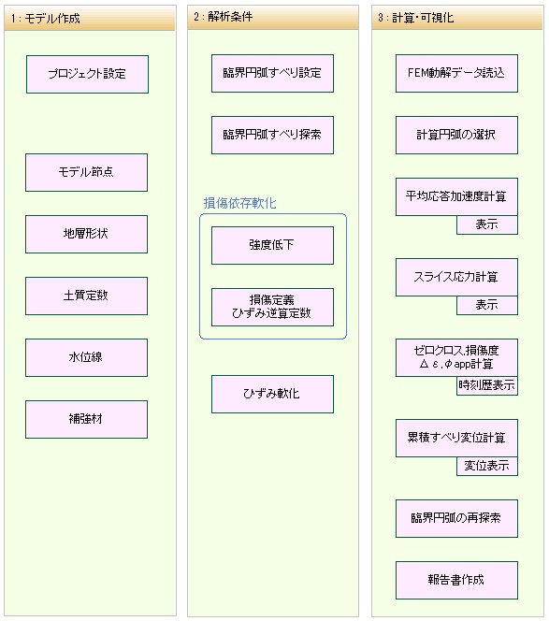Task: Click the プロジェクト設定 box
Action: [x=88, y=75]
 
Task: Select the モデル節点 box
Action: [x=86, y=173]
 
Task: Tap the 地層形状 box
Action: [x=86, y=235]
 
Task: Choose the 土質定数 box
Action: [x=86, y=296]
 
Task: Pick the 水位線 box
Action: [x=86, y=357]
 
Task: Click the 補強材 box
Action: [x=86, y=419]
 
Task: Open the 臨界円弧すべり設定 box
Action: [x=272, y=74]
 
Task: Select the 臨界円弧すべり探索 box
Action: [x=272, y=135]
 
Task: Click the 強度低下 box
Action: [x=272, y=246]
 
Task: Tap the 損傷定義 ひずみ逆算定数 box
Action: [x=272, y=308]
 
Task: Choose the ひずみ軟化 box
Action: [x=272, y=394]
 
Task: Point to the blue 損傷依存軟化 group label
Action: [x=240, y=203]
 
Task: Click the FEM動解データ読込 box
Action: [x=456, y=74]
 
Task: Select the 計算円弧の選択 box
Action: [x=456, y=135]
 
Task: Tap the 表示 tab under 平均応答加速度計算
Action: [x=487, y=225]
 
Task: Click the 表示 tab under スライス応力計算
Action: [x=487, y=305]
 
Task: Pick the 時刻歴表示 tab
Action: [x=487, y=385]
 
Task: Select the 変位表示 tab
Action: [x=487, y=466]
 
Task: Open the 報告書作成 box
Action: [x=456, y=580]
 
